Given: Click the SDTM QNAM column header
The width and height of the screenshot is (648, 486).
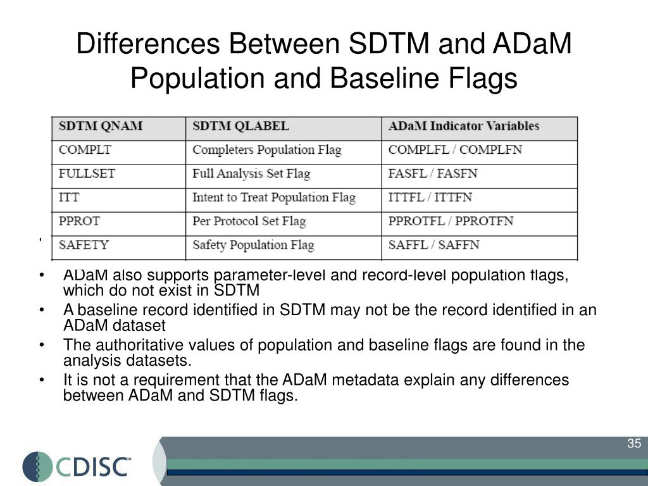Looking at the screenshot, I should pyautogui.click(x=100, y=126).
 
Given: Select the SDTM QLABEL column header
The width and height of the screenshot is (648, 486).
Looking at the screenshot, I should pyautogui.click(x=240, y=126).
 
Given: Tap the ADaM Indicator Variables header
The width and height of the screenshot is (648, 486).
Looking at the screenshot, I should pyautogui.click(x=463, y=126).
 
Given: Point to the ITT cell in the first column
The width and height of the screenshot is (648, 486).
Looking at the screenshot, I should pyautogui.click(x=69, y=197).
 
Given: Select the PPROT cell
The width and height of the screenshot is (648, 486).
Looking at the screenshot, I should pyautogui.click(x=79, y=221).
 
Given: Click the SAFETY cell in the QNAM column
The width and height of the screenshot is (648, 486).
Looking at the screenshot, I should pyautogui.click(x=84, y=245).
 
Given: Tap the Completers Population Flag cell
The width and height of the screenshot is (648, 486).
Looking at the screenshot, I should pyautogui.click(x=266, y=150).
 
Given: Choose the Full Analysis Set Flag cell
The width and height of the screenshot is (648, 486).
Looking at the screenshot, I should pyautogui.click(x=251, y=173).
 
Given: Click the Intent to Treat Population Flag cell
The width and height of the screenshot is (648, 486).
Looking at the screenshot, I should pyautogui.click(x=273, y=197).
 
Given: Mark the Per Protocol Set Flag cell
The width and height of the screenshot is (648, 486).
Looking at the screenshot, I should pyautogui.click(x=249, y=221).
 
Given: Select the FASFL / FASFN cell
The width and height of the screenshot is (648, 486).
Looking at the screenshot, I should pyautogui.click(x=433, y=173).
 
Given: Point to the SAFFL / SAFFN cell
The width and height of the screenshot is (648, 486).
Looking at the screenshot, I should pyautogui.click(x=433, y=245).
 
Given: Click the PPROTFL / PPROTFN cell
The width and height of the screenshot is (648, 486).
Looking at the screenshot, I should pyautogui.click(x=451, y=221).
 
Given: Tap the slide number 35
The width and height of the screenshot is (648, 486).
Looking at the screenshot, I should pyautogui.click(x=633, y=444).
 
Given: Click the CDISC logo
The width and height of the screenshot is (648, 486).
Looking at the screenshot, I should pyautogui.click(x=77, y=466).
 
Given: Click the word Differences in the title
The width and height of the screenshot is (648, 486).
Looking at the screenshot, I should pyautogui.click(x=147, y=45).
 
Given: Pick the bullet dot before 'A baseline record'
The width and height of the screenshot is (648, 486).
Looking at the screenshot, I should pyautogui.click(x=41, y=311).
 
